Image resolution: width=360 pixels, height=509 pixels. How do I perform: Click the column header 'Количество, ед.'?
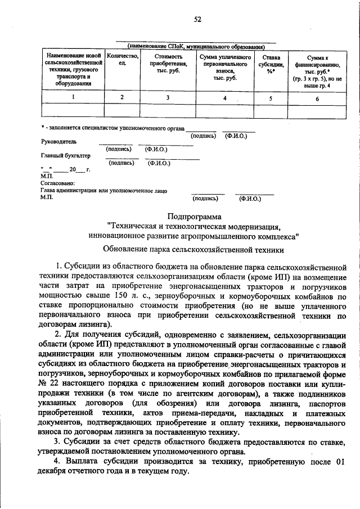click(122, 60)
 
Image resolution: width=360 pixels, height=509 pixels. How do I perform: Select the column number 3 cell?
click(167, 98)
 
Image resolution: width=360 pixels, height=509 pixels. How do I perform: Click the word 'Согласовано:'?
click(58, 183)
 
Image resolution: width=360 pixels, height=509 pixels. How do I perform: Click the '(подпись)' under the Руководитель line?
click(119, 149)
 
